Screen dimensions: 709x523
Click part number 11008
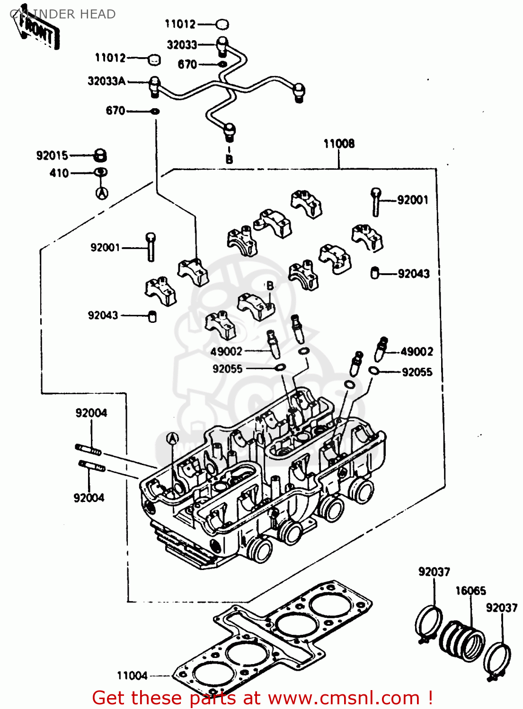(x=339, y=144)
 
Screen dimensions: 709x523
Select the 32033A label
(x=106, y=81)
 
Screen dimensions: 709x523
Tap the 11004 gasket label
(x=132, y=676)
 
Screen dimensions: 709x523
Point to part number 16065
(x=470, y=591)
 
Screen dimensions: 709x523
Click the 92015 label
(x=52, y=156)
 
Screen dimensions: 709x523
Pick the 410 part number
(x=59, y=173)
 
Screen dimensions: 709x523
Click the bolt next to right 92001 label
(x=376, y=201)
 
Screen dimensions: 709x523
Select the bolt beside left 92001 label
(x=151, y=246)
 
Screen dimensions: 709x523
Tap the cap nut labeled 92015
(x=100, y=155)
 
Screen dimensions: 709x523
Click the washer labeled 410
(x=101, y=173)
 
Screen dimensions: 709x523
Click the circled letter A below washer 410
(x=102, y=193)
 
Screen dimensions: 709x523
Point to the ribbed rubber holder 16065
(x=461, y=640)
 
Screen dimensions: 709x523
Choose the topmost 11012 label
(x=180, y=24)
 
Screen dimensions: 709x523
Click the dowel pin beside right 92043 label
(x=375, y=273)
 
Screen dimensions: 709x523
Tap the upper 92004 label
(x=91, y=413)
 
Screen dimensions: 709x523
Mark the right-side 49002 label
(x=417, y=352)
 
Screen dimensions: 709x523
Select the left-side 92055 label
(x=227, y=369)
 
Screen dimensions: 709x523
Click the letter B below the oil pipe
(x=229, y=159)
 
